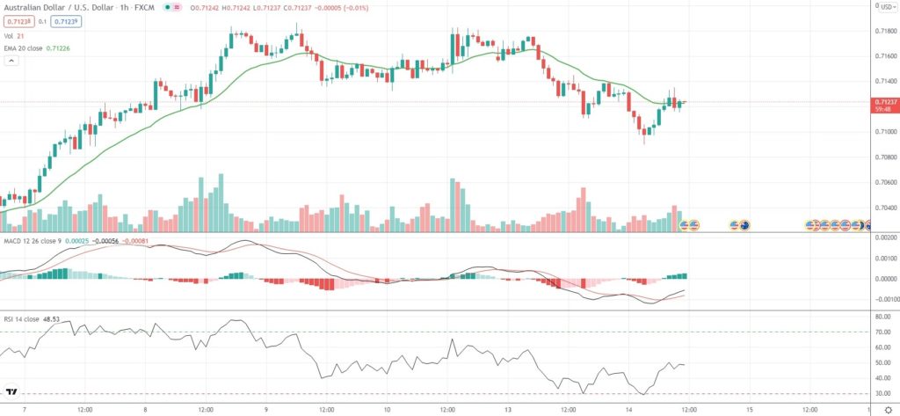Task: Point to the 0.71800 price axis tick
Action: pos(884,32)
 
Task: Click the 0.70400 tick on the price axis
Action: pos(884,208)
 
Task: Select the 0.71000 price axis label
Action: pos(884,132)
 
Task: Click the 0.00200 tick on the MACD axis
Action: pos(884,238)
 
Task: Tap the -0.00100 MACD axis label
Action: pos(883,299)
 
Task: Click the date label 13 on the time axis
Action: pos(507,409)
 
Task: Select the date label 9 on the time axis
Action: pos(265,409)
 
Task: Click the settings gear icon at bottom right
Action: pos(886,409)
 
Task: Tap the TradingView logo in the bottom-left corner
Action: pos(12,392)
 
